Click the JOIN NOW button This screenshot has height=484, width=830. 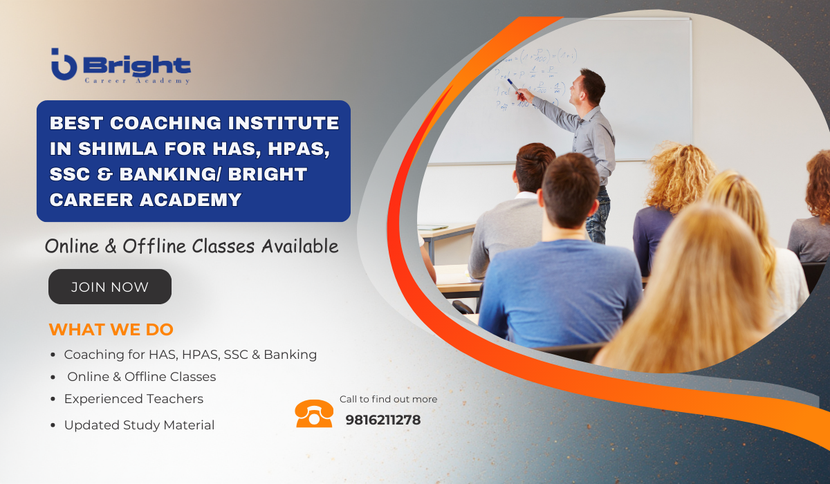[110, 287]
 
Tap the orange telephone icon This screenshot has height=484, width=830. [314, 413]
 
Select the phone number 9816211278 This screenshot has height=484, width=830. [382, 420]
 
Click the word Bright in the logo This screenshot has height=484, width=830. [137, 66]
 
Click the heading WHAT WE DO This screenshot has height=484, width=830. [111, 329]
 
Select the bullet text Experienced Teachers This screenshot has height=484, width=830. [133, 399]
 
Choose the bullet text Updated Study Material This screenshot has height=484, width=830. [139, 425]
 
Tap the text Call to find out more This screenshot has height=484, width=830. [388, 399]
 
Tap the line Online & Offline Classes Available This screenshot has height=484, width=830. [192, 245]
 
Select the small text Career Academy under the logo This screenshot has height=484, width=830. [137, 81]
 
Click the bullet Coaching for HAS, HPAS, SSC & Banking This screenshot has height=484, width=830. [190, 355]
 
